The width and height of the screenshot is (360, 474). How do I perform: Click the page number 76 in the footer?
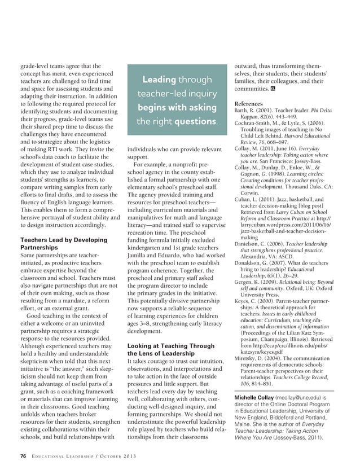click(x=23, y=455)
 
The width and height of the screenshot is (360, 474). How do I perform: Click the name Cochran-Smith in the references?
click(x=253, y=122)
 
